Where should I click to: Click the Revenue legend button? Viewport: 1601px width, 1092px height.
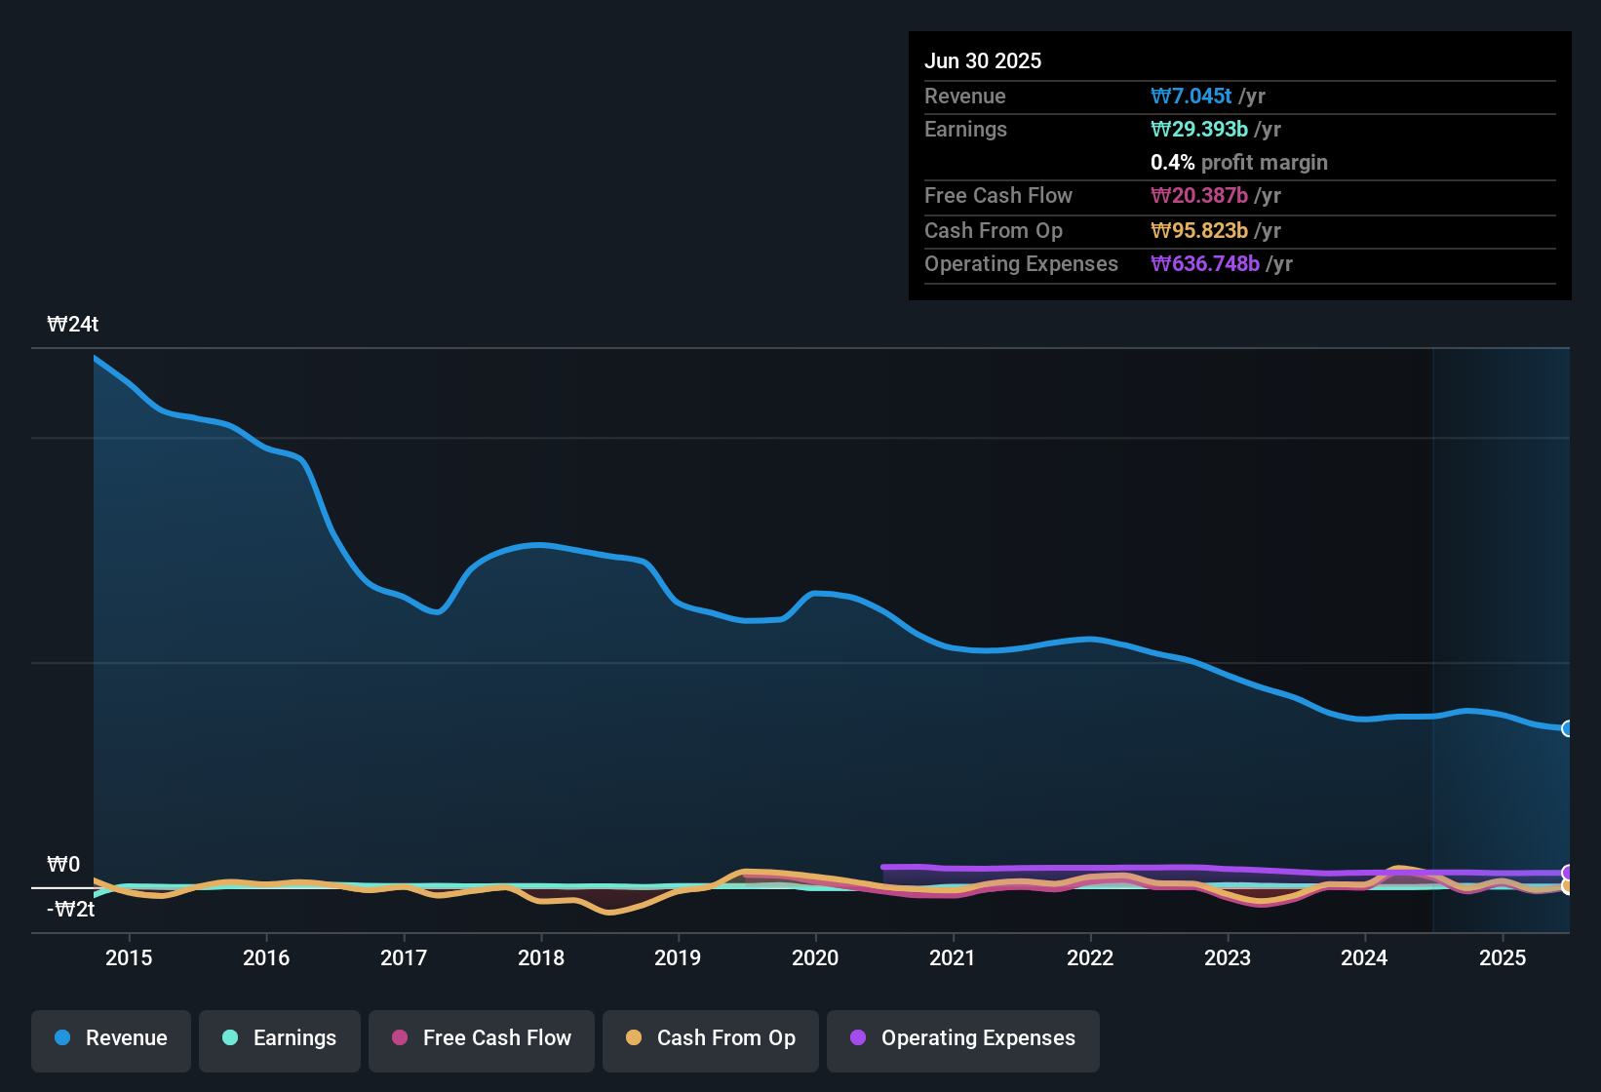(x=111, y=1039)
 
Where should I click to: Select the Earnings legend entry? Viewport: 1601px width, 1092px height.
(x=279, y=1039)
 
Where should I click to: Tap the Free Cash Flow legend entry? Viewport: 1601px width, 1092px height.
(x=482, y=1039)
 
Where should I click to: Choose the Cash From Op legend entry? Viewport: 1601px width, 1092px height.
(x=711, y=1039)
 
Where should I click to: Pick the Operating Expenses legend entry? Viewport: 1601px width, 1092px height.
(x=963, y=1039)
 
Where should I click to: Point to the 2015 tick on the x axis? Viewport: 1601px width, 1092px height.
(x=129, y=958)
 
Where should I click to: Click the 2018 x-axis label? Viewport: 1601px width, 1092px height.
(x=541, y=958)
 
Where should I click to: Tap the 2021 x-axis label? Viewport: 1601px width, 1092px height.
(x=953, y=958)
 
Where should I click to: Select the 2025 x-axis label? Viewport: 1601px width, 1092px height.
(x=1503, y=958)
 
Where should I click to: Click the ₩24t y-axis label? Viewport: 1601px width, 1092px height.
(x=73, y=325)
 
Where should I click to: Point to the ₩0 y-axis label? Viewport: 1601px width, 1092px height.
(x=63, y=865)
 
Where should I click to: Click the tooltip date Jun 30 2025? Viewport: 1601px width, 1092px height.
(x=983, y=61)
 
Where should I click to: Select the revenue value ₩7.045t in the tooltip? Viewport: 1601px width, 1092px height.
(x=1191, y=97)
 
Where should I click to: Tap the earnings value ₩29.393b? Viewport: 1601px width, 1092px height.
(x=1199, y=130)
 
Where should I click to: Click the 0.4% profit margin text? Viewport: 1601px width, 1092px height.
(x=1238, y=163)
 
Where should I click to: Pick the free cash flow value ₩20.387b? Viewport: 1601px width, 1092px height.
(x=1199, y=196)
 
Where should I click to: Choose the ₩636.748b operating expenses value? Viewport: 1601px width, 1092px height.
(x=1205, y=264)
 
